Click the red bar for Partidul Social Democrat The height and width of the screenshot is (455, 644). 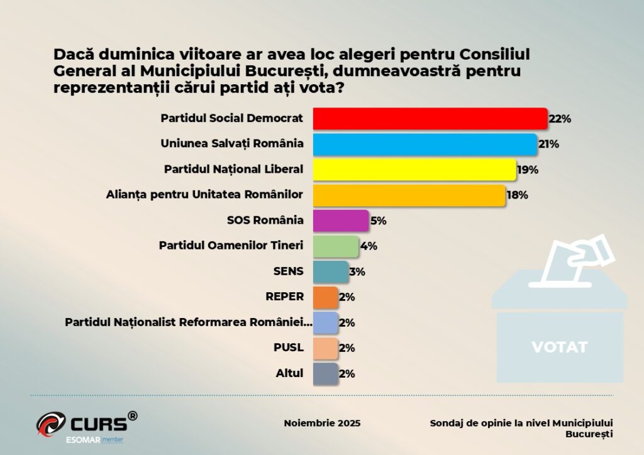(430, 119)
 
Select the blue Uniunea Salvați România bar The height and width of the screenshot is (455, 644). (425, 144)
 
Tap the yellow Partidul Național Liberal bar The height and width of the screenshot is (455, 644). (414, 170)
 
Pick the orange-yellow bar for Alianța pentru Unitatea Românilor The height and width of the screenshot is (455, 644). (409, 195)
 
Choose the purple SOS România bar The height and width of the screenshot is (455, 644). (340, 221)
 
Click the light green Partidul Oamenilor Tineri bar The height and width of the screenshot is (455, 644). (336, 246)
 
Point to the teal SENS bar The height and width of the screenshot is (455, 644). (330, 271)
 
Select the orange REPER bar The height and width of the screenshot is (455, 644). (325, 297)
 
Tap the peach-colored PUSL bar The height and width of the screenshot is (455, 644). (325, 348)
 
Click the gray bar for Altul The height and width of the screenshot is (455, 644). (325, 373)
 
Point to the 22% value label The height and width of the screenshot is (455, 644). (559, 119)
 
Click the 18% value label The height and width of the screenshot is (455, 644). (517, 195)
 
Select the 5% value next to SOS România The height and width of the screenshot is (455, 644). (378, 221)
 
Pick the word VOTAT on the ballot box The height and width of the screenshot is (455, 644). (559, 347)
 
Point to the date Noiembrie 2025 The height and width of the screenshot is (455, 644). (322, 423)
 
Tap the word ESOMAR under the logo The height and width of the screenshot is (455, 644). (84, 438)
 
